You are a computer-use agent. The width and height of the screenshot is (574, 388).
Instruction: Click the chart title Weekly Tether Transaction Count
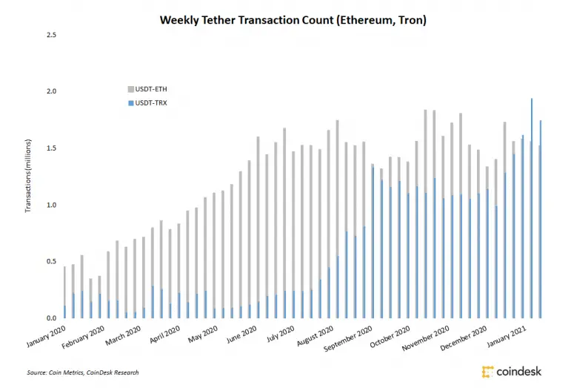293,20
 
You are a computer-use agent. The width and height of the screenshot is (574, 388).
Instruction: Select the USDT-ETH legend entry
151,89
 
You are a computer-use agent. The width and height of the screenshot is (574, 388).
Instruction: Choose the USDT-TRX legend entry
151,102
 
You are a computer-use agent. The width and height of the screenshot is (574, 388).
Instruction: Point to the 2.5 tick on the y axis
52,35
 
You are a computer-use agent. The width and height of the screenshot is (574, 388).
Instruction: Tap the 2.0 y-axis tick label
52,92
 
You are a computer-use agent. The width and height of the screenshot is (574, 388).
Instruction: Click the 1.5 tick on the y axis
52,148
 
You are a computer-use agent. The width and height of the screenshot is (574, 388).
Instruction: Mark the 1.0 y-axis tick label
52,205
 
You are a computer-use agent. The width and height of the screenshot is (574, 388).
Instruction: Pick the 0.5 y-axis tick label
52,261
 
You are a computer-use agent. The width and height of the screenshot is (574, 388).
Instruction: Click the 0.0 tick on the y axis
52,318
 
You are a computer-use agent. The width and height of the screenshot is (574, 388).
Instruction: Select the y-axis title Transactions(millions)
28,175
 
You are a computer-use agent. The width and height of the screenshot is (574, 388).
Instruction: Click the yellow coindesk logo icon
488,371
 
